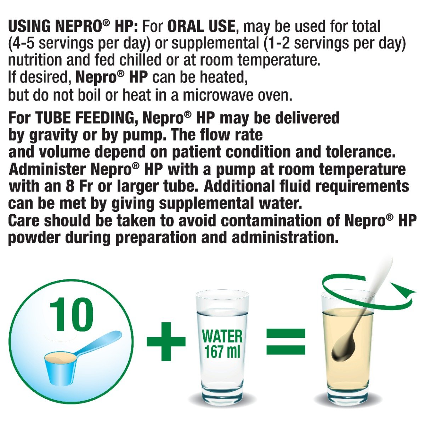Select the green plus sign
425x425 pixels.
pyautogui.click(x=166, y=341)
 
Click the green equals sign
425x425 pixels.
pyautogui.click(x=285, y=341)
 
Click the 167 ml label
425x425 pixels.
pyautogui.click(x=222, y=352)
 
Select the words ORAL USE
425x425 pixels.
pyautogui.click(x=201, y=27)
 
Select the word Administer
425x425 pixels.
pyautogui.click(x=47, y=169)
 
